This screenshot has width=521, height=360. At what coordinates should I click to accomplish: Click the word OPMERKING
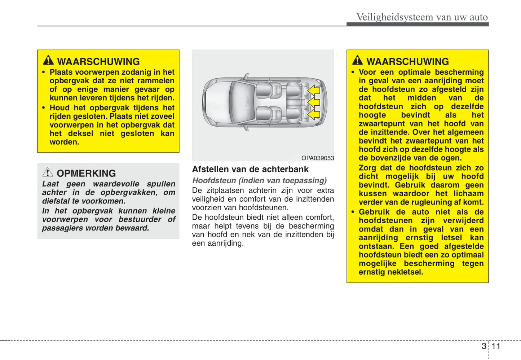(x=86, y=173)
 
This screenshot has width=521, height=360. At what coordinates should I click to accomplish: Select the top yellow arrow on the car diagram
(x=314, y=89)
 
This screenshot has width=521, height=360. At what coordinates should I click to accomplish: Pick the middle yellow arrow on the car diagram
(x=314, y=102)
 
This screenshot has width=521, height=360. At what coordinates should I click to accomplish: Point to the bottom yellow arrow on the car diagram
(x=314, y=114)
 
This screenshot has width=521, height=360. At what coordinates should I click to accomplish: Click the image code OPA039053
(x=318, y=158)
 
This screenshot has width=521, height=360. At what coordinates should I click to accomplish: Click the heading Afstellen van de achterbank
(x=250, y=169)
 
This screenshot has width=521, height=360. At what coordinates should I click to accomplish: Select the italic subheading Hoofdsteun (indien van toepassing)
(x=259, y=180)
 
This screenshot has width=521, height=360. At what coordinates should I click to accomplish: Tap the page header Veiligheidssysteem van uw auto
(x=422, y=17)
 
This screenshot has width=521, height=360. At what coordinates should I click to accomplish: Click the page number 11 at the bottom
(x=496, y=346)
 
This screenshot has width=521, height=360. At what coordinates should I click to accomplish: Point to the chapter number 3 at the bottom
(x=484, y=346)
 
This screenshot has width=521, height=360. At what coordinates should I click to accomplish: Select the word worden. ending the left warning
(x=64, y=142)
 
